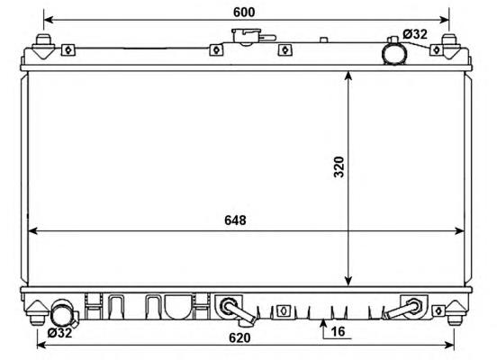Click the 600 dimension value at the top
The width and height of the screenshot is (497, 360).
click(244, 12)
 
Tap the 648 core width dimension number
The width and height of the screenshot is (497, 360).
click(235, 220)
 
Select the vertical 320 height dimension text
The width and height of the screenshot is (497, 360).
click(339, 167)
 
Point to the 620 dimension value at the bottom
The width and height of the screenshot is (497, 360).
click(239, 337)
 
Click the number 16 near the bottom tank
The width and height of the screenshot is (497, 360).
click(338, 331)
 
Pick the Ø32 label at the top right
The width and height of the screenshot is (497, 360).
click(415, 34)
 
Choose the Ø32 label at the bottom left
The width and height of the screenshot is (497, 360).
click(60, 333)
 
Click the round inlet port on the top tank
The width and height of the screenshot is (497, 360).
click(394, 54)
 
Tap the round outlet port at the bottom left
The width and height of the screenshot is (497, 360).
click(62, 313)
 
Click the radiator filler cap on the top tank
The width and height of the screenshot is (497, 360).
click(247, 36)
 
